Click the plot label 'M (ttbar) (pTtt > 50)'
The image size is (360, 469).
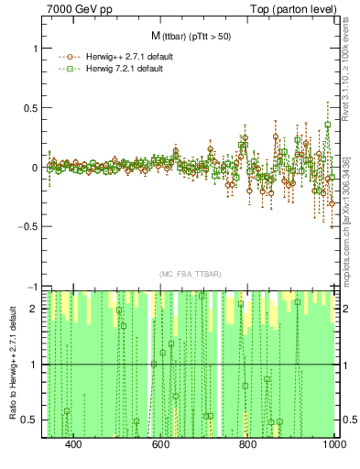(190, 36)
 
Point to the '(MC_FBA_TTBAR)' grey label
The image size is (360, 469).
(190, 274)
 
